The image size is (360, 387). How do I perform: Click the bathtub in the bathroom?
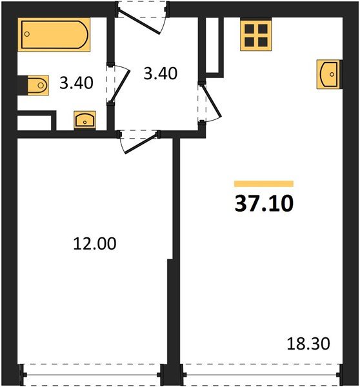[x=54, y=35]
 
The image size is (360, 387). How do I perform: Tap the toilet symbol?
[x=38, y=85]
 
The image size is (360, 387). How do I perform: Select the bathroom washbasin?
[x=85, y=120]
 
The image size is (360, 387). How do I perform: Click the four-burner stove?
[x=255, y=35]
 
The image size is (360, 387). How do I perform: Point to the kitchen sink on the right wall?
[x=328, y=74]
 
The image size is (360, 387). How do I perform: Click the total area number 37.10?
[x=265, y=203]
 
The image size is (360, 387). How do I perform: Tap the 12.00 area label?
[x=95, y=244]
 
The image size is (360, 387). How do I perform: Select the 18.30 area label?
[x=308, y=344]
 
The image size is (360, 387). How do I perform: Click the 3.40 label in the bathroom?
[x=76, y=83]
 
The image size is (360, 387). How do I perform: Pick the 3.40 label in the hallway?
[x=161, y=74]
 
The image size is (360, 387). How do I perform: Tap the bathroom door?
[x=119, y=84]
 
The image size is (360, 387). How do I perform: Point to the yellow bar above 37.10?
[x=264, y=184]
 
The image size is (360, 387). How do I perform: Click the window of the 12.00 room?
[x=92, y=375]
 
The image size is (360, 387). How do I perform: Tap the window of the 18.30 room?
[x=261, y=375]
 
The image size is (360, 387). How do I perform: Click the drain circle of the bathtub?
[x=27, y=34]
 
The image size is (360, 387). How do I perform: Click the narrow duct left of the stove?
[x=212, y=45]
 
